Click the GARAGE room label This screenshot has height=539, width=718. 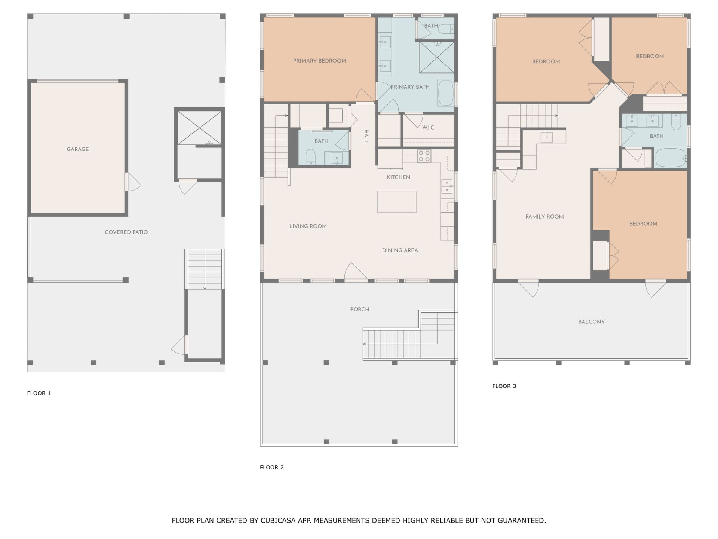click(x=78, y=149)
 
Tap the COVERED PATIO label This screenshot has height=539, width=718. click(x=126, y=232)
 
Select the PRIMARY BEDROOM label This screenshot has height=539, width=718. click(x=320, y=61)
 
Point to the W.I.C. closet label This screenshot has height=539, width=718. click(x=429, y=128)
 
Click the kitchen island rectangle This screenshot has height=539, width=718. click(x=397, y=202)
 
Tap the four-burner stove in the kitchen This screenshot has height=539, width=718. click(x=424, y=156)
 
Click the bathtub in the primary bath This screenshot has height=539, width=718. click(x=445, y=92)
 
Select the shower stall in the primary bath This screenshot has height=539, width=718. click(x=437, y=57)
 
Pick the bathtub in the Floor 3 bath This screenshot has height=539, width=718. click(x=671, y=158)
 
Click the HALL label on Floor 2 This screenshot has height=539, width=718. click(x=366, y=136)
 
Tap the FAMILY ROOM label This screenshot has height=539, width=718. click(x=544, y=217)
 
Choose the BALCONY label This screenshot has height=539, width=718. click(x=592, y=322)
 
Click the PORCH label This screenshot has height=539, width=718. click(x=360, y=310)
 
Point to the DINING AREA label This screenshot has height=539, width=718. click(x=400, y=250)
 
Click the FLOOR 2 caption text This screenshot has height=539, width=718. click(x=272, y=468)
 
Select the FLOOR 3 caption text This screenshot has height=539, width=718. click(x=504, y=386)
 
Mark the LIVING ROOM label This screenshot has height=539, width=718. click(x=308, y=226)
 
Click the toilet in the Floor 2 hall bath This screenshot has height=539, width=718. click(x=311, y=157)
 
